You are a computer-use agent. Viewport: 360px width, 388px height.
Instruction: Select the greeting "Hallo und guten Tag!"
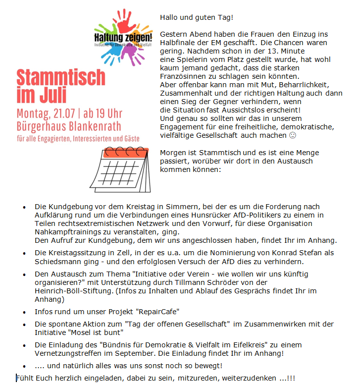pyautogui.click(x=196, y=18)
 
